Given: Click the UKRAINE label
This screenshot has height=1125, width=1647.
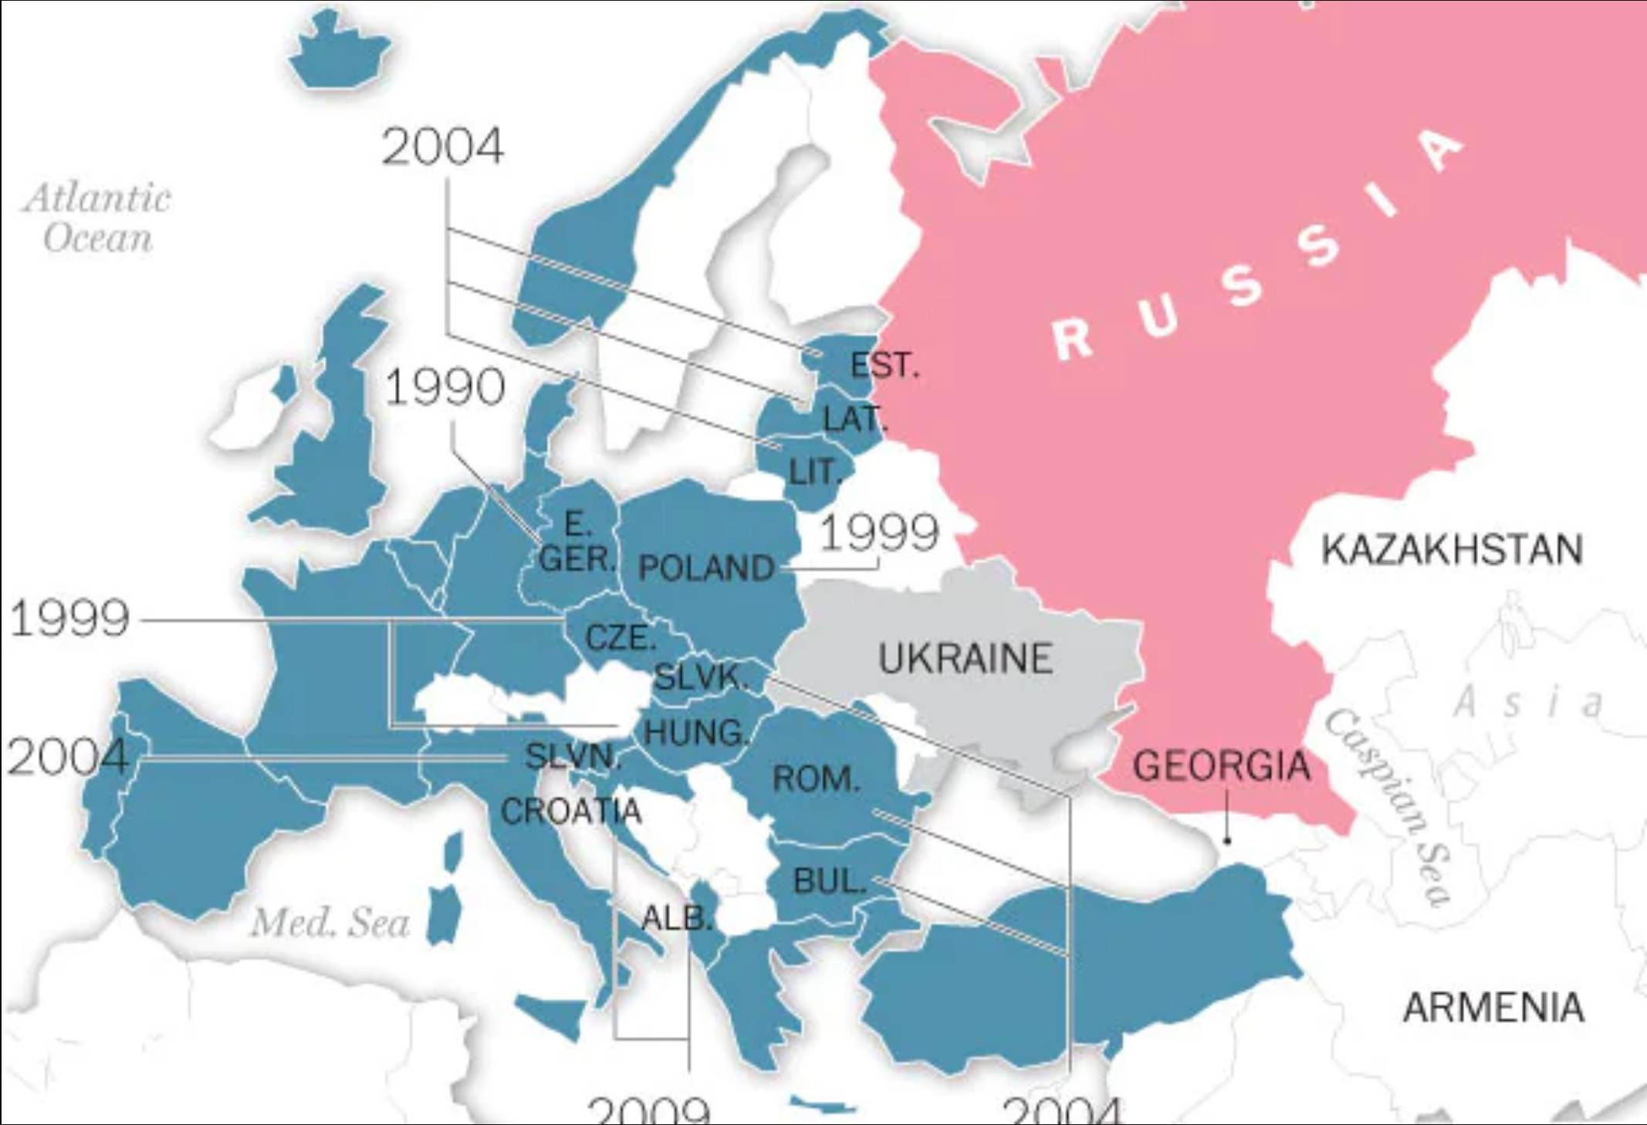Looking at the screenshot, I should click(x=966, y=658).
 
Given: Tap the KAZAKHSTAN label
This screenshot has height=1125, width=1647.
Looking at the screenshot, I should click(x=1452, y=549).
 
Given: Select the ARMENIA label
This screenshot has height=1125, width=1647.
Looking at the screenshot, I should click(x=1493, y=1008).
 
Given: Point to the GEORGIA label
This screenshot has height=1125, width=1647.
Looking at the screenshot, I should click(x=1222, y=765).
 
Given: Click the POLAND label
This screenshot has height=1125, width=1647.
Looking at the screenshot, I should click(x=706, y=568).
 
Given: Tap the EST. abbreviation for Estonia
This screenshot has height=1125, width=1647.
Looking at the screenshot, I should click(x=884, y=365).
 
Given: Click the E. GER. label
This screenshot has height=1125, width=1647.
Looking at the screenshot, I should click(x=577, y=542).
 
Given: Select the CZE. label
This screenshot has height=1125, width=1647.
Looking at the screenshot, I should click(x=621, y=637).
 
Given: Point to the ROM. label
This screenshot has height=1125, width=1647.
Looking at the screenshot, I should click(x=816, y=779).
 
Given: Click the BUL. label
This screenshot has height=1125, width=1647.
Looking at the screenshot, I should click(x=830, y=880).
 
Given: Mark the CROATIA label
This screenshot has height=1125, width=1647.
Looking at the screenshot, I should click(x=571, y=811).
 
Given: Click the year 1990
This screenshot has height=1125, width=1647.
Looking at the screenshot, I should click(x=445, y=387).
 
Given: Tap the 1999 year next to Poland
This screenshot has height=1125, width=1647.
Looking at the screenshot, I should click(x=879, y=532).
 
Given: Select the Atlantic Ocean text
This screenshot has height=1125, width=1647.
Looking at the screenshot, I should click(x=98, y=218).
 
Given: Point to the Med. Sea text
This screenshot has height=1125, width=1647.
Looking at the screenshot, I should click(x=330, y=922).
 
